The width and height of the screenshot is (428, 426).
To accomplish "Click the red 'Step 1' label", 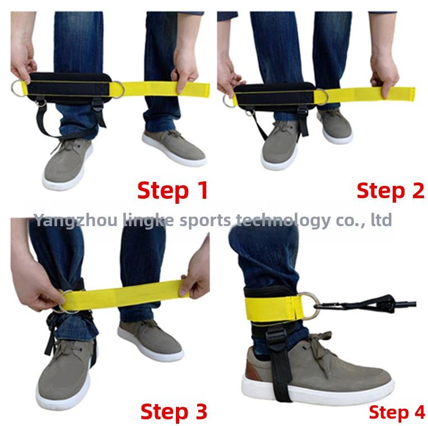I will pyautogui.click(x=173, y=190).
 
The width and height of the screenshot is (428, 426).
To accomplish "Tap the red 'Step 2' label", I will pyautogui.click(x=390, y=190).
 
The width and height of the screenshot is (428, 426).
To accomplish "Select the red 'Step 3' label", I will pyautogui.click(x=173, y=411).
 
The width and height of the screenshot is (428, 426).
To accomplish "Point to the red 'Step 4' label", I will pyautogui.click(x=397, y=413).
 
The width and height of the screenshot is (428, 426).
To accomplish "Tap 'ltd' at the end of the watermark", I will pyautogui.click(x=381, y=219).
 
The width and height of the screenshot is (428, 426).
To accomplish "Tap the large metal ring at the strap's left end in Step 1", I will pyautogui.click(x=17, y=87).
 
